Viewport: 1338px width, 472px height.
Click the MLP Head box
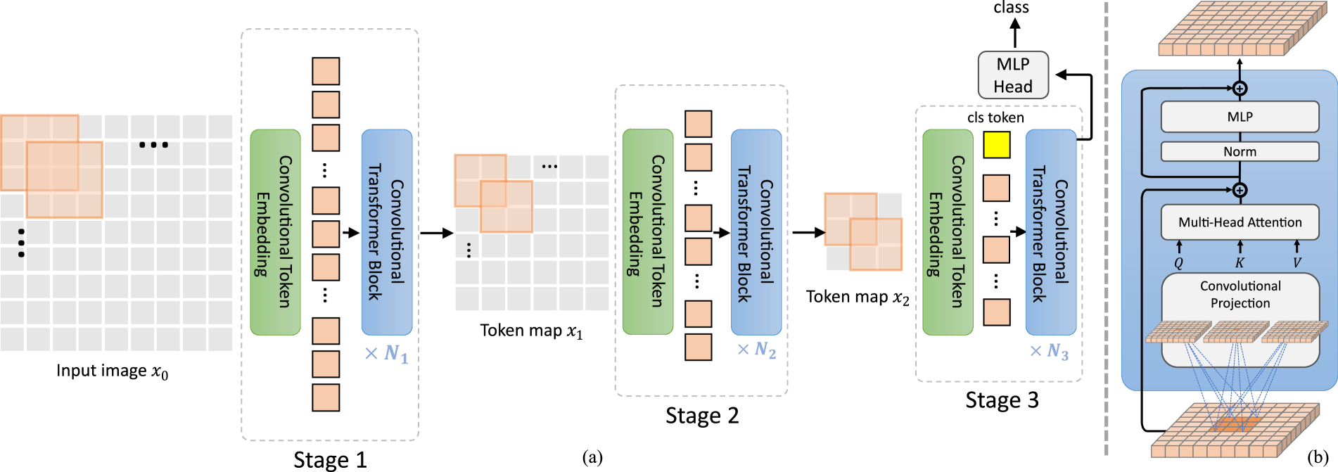(x=1013, y=75)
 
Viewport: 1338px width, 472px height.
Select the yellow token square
(x=996, y=145)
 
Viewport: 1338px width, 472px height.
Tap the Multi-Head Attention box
(x=1240, y=222)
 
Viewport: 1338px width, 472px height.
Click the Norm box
(x=1240, y=151)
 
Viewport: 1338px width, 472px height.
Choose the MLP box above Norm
(x=1240, y=117)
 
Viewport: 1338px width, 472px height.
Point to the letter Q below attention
(x=1179, y=263)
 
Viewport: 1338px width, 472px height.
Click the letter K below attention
(x=1240, y=263)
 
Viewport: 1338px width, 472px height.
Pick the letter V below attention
(x=1297, y=263)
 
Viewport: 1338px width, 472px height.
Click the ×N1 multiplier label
(x=386, y=353)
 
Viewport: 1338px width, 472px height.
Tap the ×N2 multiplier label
(x=756, y=350)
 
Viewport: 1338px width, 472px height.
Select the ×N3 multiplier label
(x=1049, y=351)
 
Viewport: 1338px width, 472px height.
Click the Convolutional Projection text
(x=1240, y=295)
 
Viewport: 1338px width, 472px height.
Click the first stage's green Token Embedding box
(x=275, y=232)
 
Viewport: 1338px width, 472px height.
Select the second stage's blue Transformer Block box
(x=756, y=232)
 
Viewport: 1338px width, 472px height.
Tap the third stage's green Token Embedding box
(x=948, y=232)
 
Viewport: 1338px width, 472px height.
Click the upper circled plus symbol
(x=1240, y=89)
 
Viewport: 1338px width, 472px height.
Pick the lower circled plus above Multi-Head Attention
(x=1240, y=190)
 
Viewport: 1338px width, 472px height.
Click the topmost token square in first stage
(x=326, y=72)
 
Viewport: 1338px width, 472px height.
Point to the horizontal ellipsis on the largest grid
(x=153, y=145)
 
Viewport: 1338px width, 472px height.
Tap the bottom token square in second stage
(x=698, y=347)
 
